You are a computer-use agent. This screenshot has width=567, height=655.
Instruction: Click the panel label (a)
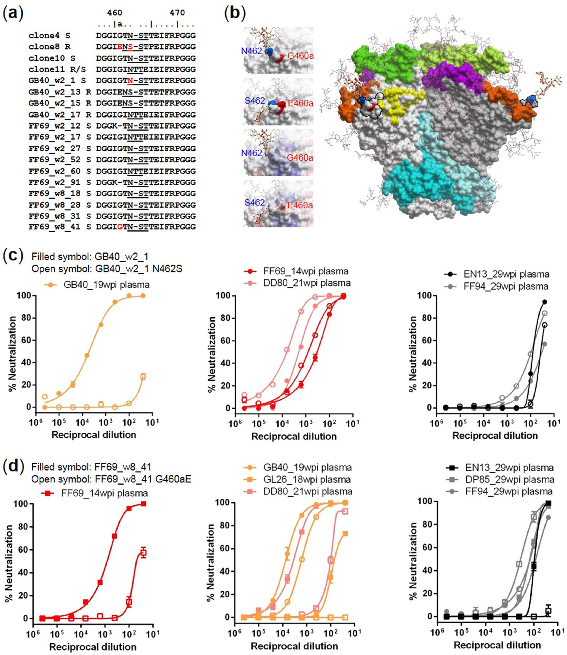point(13,14)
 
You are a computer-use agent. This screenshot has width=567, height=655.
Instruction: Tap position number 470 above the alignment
point(177,13)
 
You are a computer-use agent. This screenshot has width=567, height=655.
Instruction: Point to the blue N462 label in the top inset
point(252,51)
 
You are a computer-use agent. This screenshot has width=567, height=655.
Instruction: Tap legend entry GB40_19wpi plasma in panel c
point(106,285)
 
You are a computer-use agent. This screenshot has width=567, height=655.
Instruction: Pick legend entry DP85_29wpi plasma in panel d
point(509,479)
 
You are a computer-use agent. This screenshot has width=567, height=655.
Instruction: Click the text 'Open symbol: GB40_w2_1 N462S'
point(107,269)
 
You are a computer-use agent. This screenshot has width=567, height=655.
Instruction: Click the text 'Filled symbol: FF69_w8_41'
point(91,467)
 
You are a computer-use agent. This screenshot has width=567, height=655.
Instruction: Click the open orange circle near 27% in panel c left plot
point(143,376)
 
